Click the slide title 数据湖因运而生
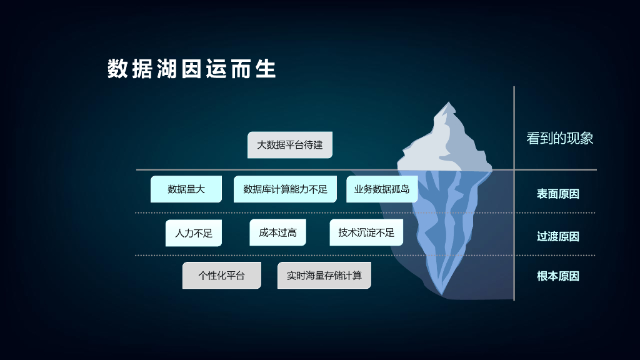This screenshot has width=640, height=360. tap(191, 69)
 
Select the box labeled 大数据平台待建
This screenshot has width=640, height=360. tap(290, 145)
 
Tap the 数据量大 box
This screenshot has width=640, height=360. tap(186, 189)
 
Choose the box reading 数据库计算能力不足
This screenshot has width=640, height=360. tap(285, 189)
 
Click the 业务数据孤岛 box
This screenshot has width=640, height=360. tap(382, 189)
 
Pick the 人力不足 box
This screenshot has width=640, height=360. tap(194, 233)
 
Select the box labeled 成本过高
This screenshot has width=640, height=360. tap(277, 232)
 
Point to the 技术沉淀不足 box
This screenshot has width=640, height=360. tap(366, 232)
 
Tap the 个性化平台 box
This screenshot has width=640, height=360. tap(221, 276)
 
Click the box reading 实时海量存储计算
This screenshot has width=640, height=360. tap(324, 276)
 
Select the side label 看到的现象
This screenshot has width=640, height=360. tap(559, 139)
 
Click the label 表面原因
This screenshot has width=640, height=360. tap(558, 194)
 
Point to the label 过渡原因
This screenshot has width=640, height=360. tap(558, 236)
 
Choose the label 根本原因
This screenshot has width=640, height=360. tap(558, 276)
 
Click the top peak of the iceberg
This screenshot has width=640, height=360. tap(446, 104)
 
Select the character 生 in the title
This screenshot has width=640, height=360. tap(266, 69)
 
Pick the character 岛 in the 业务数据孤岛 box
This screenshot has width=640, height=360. tap(405, 189)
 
